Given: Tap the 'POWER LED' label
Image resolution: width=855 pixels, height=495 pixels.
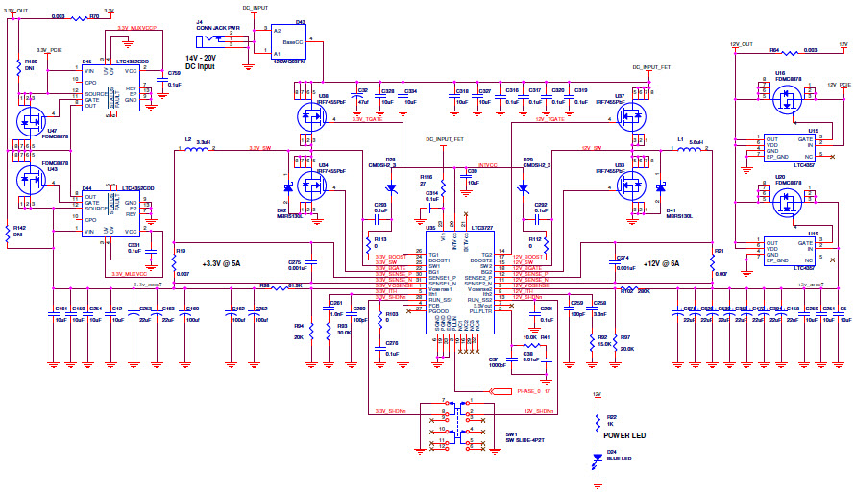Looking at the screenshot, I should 625,433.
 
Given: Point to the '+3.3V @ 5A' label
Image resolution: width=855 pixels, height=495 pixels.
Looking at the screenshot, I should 223,262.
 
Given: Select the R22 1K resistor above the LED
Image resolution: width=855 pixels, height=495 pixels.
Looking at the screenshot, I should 598,421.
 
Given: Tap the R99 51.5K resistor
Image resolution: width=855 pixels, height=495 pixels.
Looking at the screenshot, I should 277,285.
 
